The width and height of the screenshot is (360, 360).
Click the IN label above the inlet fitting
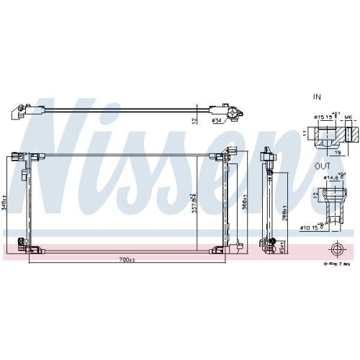coord(316,95)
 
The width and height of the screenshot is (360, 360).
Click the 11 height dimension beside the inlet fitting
coord(305,134)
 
